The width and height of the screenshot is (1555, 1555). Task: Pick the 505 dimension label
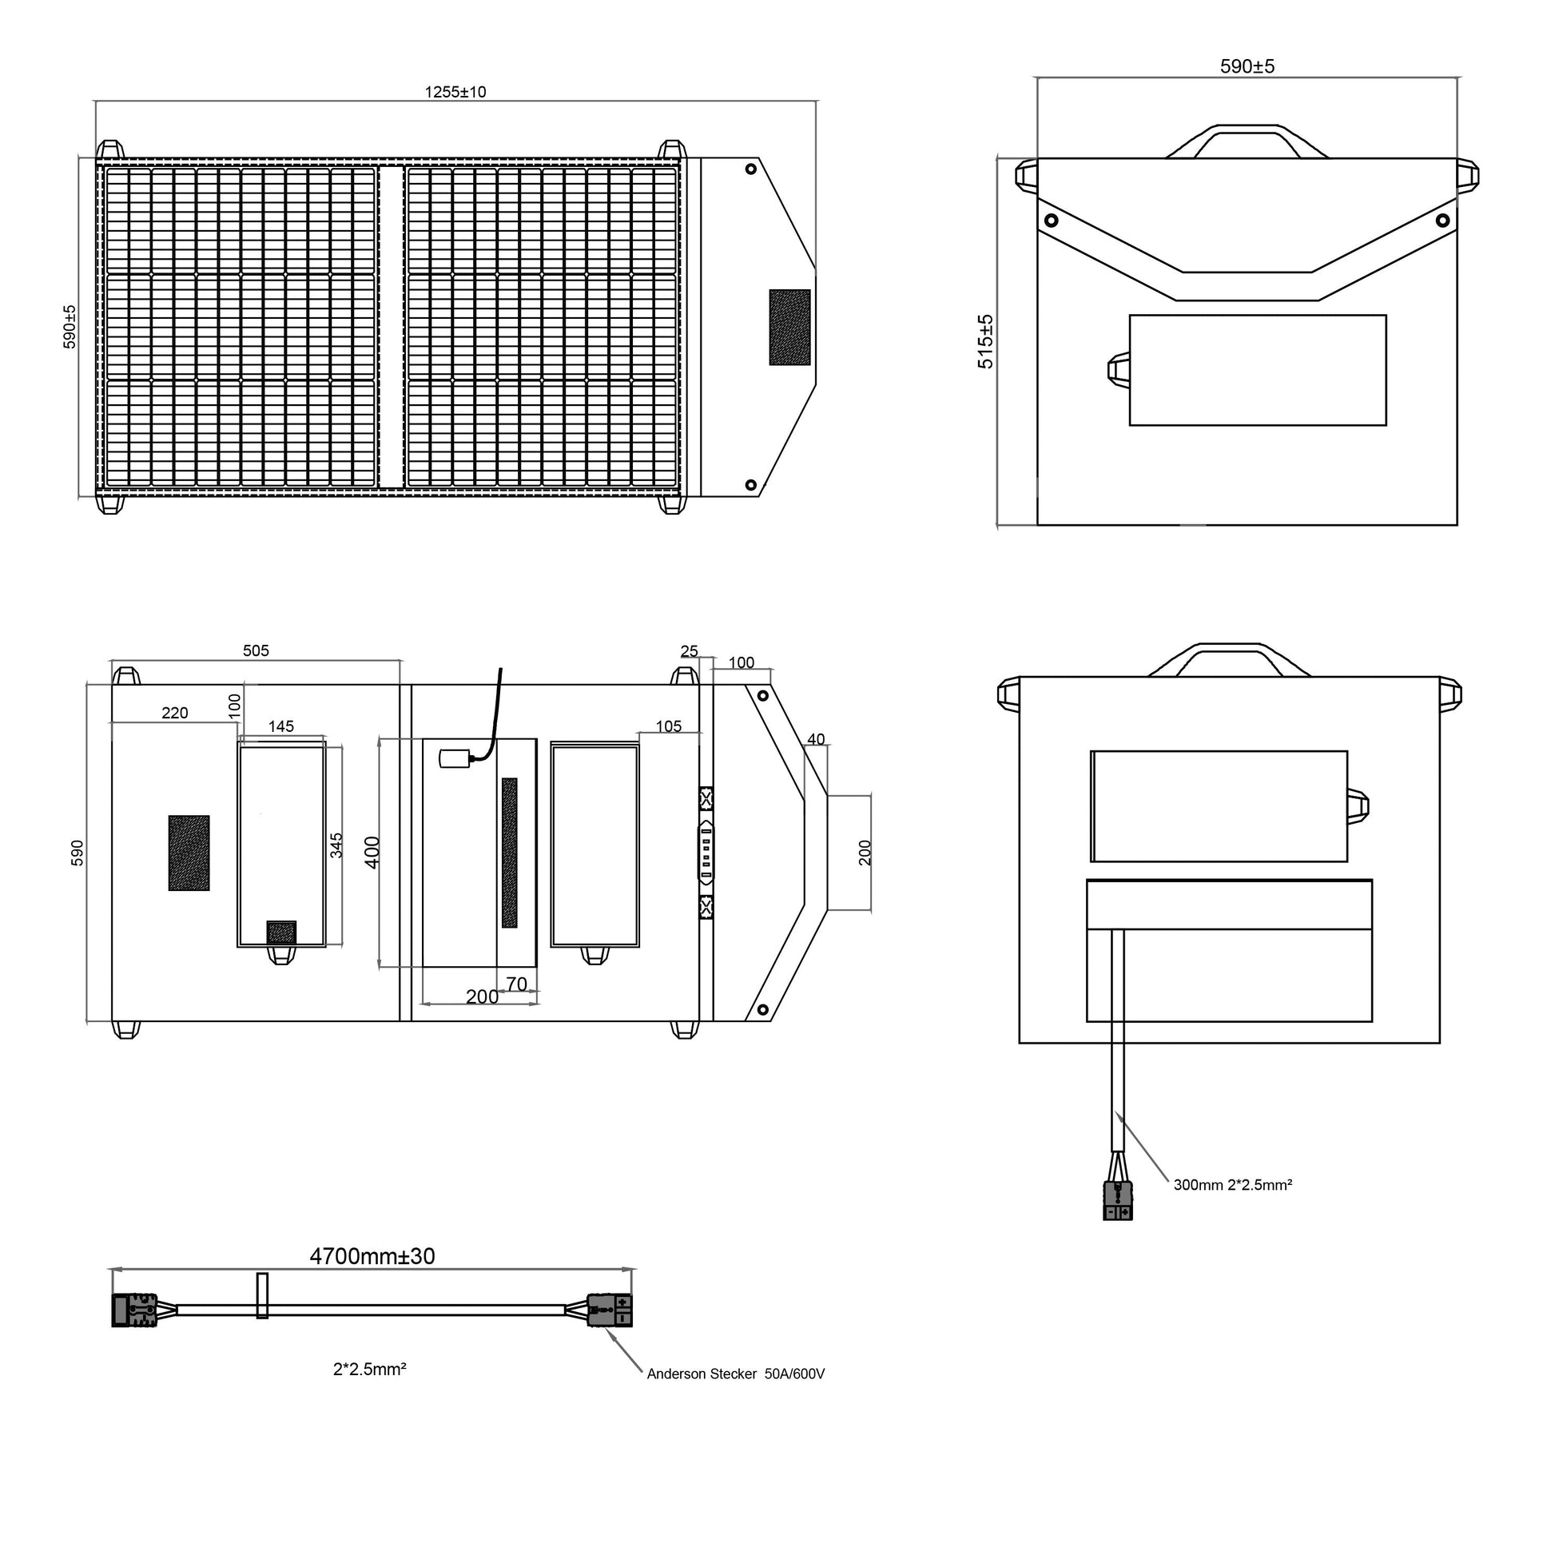(257, 650)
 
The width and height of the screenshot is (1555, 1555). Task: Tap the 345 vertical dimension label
(337, 845)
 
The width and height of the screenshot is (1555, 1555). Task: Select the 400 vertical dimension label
(372, 853)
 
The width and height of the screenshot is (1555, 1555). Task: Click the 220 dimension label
(176, 712)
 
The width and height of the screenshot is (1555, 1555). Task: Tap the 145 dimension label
(282, 726)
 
